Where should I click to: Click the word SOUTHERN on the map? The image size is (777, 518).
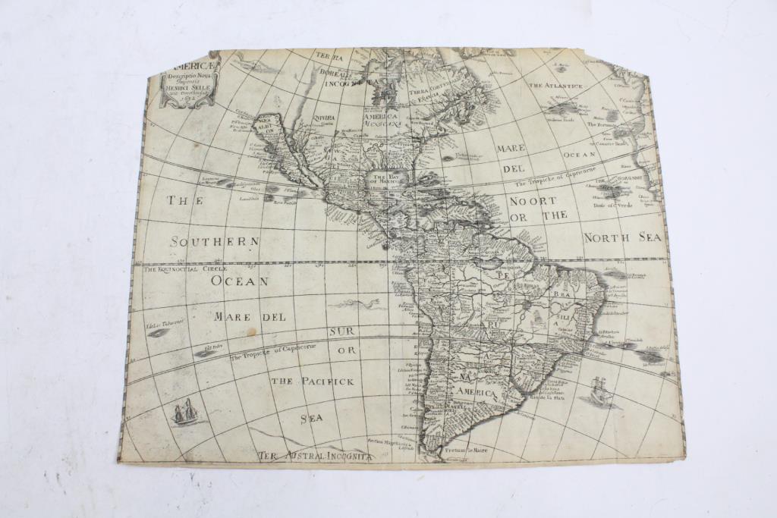tap(215, 241)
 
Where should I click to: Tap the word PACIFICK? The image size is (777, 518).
tap(329, 381)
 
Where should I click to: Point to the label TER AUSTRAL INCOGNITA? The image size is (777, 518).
tap(314, 456)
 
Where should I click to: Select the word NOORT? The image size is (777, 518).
tap(532, 201)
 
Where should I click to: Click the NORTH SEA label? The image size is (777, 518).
tap(622, 237)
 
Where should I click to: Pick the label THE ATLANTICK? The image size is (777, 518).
tap(556, 86)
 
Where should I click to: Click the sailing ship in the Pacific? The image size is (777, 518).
tap(184, 413)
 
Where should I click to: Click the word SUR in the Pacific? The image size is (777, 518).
tap(342, 331)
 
